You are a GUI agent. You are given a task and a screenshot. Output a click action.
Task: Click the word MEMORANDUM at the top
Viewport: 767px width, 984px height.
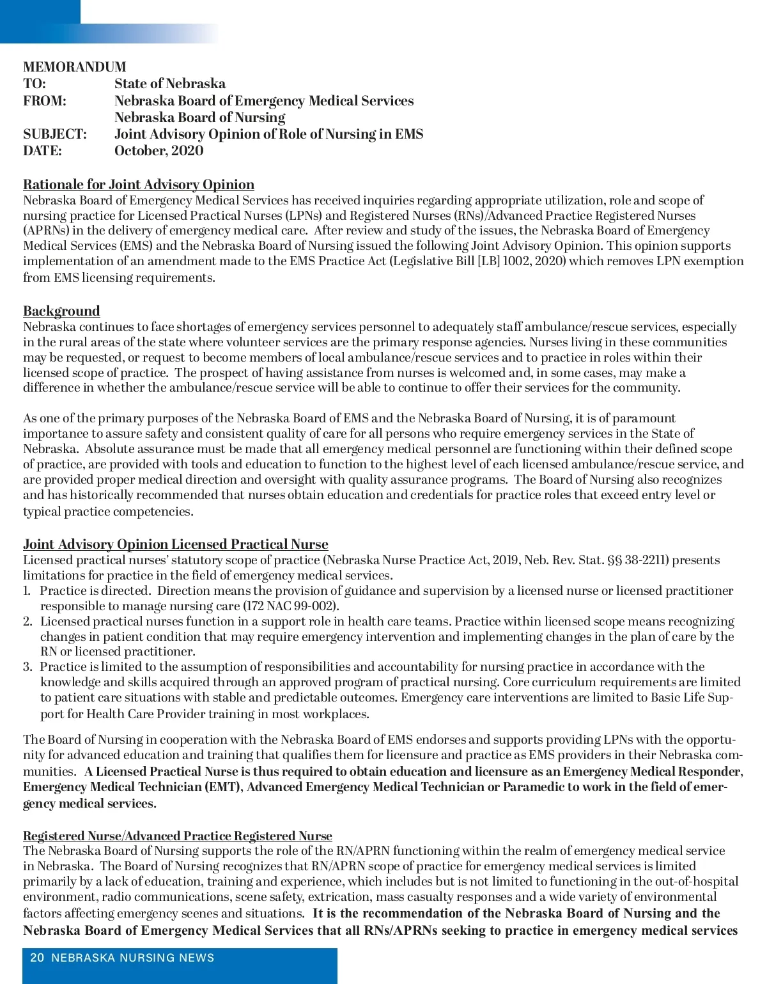[75, 67]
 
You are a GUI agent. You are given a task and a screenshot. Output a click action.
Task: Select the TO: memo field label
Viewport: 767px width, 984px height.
[35, 84]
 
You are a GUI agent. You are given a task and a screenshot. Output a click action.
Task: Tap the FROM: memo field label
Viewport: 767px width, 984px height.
[45, 101]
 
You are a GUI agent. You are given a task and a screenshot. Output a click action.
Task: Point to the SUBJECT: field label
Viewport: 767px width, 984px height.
[55, 134]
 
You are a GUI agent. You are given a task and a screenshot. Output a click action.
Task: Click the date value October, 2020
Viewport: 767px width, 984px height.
[159, 151]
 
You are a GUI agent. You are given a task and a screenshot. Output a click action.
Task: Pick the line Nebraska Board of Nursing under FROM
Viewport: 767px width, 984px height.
[199, 118]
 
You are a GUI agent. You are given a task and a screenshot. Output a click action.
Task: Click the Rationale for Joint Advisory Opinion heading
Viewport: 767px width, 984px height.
[139, 185]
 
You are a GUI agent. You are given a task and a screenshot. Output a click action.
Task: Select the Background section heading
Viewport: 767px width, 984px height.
[61, 311]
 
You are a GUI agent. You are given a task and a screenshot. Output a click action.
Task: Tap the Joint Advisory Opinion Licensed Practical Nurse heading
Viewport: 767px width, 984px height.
[176, 544]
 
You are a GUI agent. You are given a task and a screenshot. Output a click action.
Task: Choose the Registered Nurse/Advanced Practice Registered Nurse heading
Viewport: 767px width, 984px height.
[178, 836]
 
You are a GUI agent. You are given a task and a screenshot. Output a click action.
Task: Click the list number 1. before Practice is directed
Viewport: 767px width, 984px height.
[27, 591]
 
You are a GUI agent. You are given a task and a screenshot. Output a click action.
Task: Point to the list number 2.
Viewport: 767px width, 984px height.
[27, 622]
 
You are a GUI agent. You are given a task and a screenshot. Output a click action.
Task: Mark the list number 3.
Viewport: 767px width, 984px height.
[27, 667]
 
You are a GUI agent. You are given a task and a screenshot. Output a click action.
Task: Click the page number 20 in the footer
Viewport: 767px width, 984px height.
[37, 958]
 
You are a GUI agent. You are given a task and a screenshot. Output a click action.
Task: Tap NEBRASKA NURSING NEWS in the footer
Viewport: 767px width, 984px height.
[132, 958]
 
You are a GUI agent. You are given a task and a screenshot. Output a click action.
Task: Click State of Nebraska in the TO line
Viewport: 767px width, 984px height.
[170, 84]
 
